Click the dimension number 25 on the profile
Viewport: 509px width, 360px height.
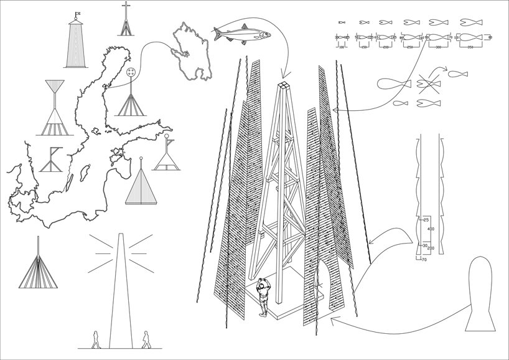[426, 220]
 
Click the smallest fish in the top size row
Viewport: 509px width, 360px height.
[340, 22]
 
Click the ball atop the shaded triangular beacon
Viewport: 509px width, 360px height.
[142, 158]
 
